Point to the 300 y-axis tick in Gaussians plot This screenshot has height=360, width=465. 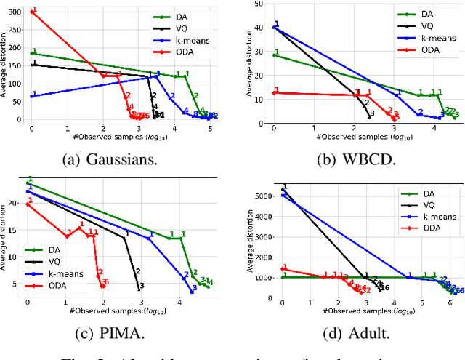tap(16, 12)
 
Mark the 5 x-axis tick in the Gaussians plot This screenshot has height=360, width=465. tap(210, 128)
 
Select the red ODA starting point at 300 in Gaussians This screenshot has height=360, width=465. tap(31, 12)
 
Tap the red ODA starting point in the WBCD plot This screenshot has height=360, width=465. tap(274, 93)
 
